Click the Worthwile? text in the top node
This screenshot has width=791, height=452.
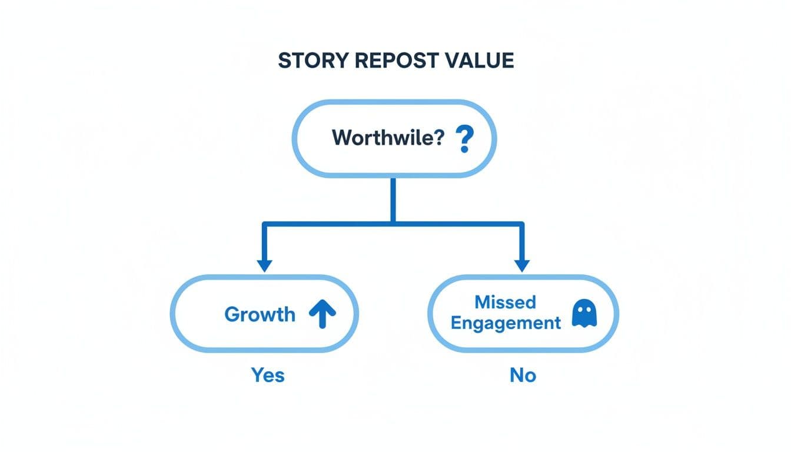point(387,138)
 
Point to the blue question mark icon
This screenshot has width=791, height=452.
point(464,139)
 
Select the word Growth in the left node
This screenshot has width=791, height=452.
point(260,314)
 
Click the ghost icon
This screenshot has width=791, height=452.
point(584,315)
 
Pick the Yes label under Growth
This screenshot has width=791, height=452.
point(268,375)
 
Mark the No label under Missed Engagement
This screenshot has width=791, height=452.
point(523,375)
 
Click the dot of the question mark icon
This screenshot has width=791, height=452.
point(464,151)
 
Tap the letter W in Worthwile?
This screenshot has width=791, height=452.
point(341,138)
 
